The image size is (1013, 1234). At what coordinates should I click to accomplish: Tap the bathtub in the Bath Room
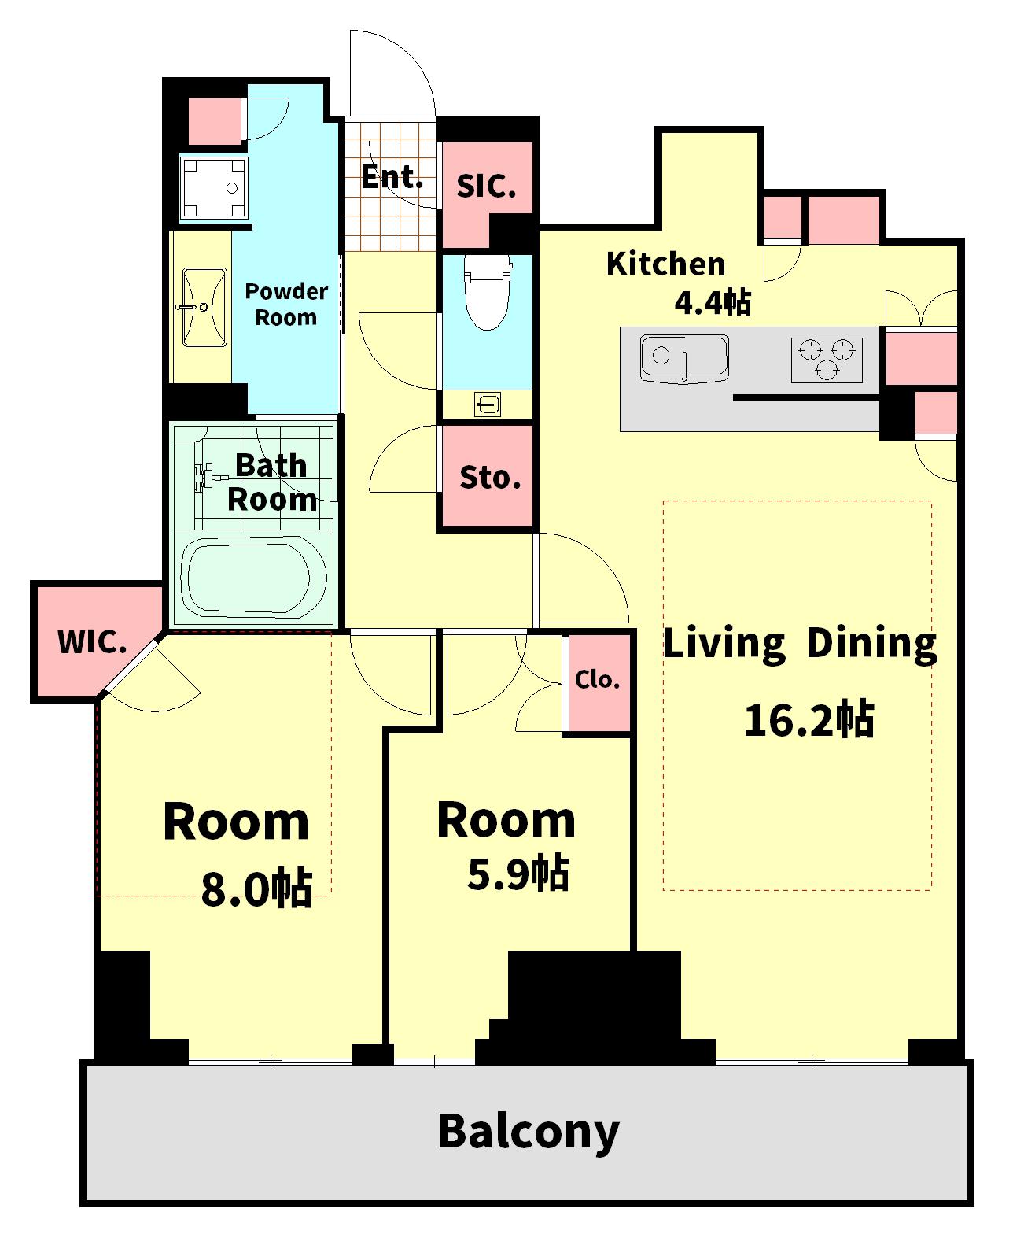pyautogui.click(x=254, y=578)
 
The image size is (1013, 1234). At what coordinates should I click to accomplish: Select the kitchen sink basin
pyautogui.click(x=684, y=359)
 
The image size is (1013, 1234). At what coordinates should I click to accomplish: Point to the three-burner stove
pyautogui.click(x=827, y=360)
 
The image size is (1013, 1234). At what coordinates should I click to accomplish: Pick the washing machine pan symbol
pyautogui.click(x=214, y=188)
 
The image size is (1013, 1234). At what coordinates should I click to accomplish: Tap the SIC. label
pyautogui.click(x=487, y=186)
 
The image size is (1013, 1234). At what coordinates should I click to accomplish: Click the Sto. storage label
pyautogui.click(x=490, y=478)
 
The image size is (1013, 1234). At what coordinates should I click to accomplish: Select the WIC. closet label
pyautogui.click(x=92, y=642)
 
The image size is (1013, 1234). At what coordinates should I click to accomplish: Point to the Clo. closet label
pyautogui.click(x=597, y=679)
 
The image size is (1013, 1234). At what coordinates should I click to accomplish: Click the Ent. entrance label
pyautogui.click(x=392, y=177)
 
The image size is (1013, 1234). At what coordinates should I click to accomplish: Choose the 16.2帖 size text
pyautogui.click(x=809, y=719)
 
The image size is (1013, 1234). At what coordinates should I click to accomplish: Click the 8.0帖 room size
pyautogui.click(x=256, y=889)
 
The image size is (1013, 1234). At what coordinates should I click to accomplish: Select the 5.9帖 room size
pyautogui.click(x=518, y=873)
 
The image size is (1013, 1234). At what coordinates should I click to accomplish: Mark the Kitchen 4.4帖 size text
pyautogui.click(x=713, y=302)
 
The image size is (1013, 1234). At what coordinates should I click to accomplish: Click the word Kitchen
pyautogui.click(x=665, y=264)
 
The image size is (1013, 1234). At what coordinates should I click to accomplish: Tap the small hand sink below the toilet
pyautogui.click(x=487, y=405)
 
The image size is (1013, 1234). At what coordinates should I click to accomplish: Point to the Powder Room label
pyautogui.click(x=286, y=305)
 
